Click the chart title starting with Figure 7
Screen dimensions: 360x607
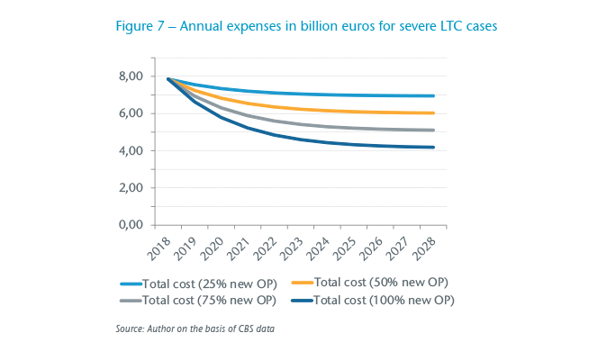pos(306,27)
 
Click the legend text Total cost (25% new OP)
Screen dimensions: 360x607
pos(210,283)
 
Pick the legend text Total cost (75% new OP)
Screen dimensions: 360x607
pos(210,300)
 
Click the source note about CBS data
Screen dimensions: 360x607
pos(195,329)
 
